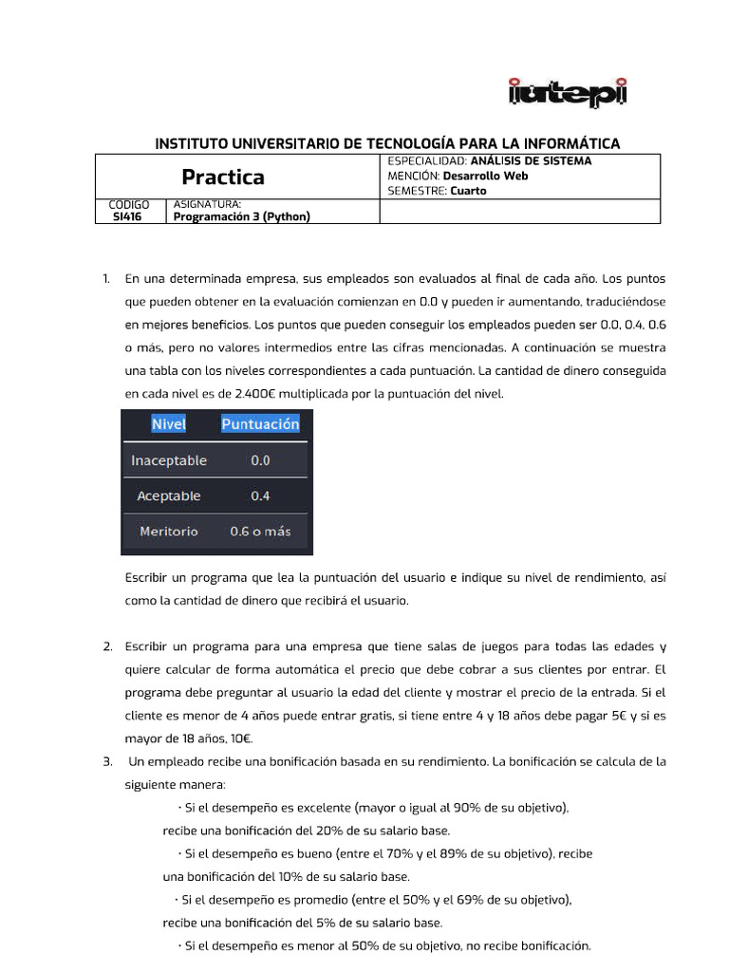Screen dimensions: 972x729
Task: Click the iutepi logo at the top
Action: (568, 92)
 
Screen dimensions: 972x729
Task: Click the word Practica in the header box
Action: (223, 178)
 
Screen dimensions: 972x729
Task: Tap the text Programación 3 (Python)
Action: (242, 216)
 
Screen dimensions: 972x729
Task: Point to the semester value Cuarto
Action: (468, 191)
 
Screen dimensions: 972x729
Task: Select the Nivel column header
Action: (169, 424)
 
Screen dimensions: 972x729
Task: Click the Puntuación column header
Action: (260, 424)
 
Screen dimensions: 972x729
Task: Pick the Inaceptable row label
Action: (169, 460)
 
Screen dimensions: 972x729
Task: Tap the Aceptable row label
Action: (169, 495)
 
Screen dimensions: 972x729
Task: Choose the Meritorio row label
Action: (169, 532)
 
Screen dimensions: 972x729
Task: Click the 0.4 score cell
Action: (260, 495)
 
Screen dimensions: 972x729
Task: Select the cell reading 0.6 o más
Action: (260, 532)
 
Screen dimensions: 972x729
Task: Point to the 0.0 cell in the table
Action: (260, 460)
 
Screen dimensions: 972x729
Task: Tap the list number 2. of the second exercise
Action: (107, 646)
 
